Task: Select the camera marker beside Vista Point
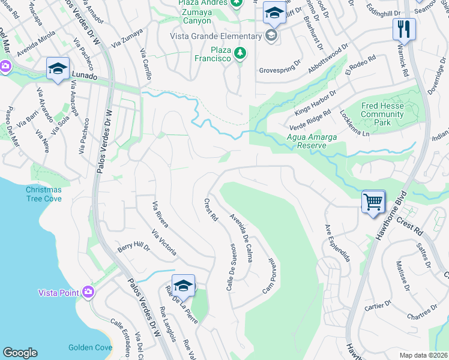(89, 292)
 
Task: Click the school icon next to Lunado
(58, 68)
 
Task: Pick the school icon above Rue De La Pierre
(183, 286)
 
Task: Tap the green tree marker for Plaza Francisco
(240, 53)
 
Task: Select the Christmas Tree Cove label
(43, 194)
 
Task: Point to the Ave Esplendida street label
(337, 243)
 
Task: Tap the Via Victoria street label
(164, 243)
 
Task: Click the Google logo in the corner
(20, 353)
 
